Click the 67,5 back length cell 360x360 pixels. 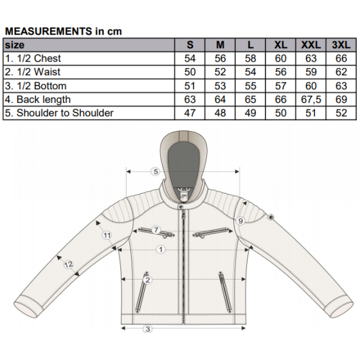311,100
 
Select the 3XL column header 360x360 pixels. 341,45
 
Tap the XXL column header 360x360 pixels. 311,45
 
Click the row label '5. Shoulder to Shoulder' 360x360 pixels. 59,113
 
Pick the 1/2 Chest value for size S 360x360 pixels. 190,59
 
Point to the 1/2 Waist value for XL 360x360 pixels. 280,72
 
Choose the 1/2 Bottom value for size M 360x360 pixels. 220,86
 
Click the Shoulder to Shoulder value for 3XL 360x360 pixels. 341,113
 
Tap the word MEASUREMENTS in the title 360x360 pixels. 48,32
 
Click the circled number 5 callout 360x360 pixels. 156,172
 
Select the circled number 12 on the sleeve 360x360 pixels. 68,265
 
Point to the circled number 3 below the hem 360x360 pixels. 148,329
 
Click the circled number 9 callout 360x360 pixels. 240,221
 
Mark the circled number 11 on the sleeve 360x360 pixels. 107,235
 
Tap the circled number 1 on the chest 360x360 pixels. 161,249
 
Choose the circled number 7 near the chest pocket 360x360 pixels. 156,230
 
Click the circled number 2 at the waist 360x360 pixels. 147,280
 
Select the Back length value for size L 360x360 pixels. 250,100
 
